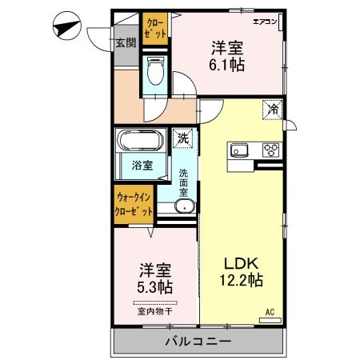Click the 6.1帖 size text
(x=227, y=65)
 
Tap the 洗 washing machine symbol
(x=184, y=137)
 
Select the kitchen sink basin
(x=241, y=149)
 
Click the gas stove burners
(x=270, y=149)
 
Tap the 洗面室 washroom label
(x=184, y=183)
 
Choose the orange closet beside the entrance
(x=156, y=29)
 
